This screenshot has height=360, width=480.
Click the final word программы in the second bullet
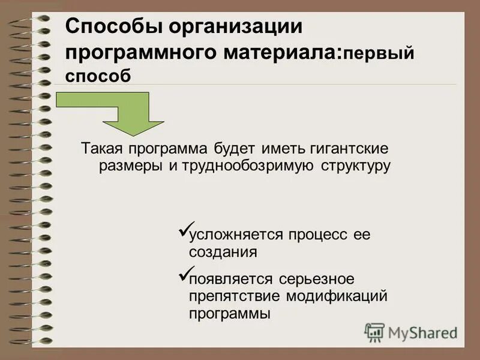[230, 313]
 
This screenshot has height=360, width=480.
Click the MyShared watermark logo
[411, 332]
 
